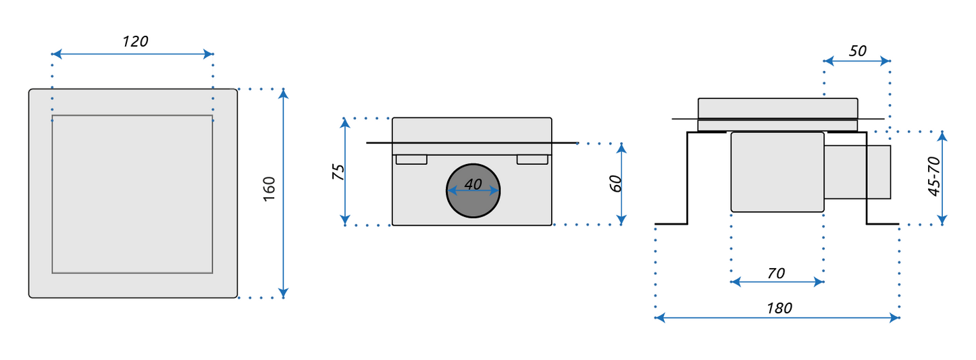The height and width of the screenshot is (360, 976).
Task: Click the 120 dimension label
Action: (136, 41)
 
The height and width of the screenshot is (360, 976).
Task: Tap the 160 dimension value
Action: (269, 188)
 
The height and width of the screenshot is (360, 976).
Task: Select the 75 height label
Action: (338, 172)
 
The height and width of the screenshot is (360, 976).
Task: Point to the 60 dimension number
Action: (615, 184)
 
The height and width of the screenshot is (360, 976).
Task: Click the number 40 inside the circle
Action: (473, 184)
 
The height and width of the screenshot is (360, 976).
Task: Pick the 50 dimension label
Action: (858, 51)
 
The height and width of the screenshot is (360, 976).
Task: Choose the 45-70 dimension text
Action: (934, 176)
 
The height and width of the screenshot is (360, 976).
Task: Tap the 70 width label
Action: (776, 274)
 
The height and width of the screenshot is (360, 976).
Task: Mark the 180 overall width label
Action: (779, 308)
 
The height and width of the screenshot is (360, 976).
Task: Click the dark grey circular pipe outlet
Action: (473, 191)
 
